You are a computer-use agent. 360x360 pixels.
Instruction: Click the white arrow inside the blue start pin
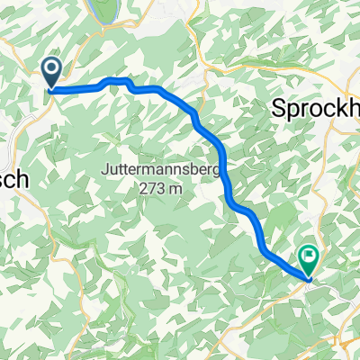pyautogui.click(x=51, y=67)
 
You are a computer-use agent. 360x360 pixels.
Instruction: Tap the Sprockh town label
pyautogui.click(x=315, y=109)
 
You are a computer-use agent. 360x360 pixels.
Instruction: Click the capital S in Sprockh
pyautogui.click(x=278, y=109)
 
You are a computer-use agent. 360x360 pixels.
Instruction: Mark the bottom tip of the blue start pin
pyautogui.click(x=51, y=89)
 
